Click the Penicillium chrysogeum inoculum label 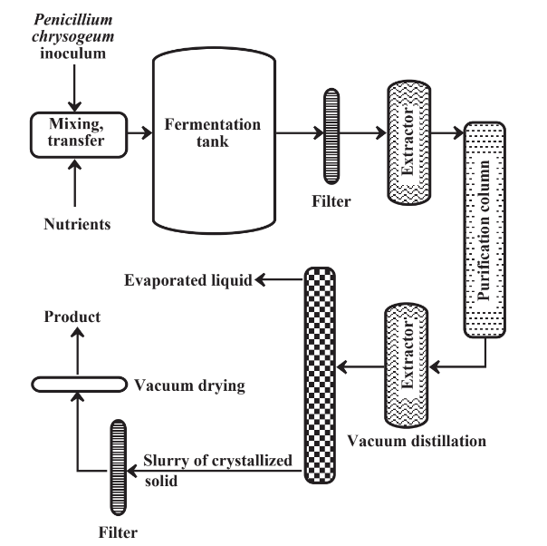(x=74, y=35)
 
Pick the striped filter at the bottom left (x=117, y=467)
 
